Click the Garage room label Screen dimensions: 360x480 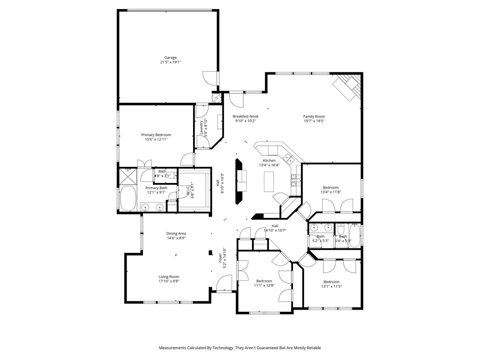(x=170, y=58)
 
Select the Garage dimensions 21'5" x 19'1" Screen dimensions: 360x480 (x=170, y=62)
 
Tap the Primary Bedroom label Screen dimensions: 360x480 (x=156, y=135)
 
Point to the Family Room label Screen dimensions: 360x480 (x=314, y=117)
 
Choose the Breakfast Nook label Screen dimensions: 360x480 (x=245, y=117)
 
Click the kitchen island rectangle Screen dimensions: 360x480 (x=269, y=182)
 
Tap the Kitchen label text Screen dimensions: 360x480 (x=269, y=161)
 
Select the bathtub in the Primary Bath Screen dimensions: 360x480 (x=128, y=199)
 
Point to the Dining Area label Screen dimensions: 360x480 (x=176, y=234)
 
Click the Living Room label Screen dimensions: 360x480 (x=169, y=277)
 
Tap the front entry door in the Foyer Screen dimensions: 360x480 (x=224, y=283)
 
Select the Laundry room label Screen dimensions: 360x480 (x=201, y=127)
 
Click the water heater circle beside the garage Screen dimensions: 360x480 (x=217, y=98)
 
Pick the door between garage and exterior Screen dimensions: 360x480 (x=211, y=78)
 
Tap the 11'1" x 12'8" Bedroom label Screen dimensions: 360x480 (x=264, y=281)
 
